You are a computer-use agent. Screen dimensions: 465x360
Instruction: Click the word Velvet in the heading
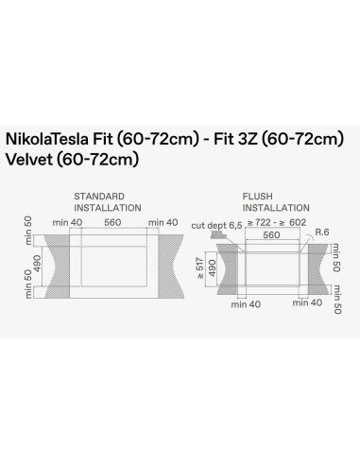click(28, 159)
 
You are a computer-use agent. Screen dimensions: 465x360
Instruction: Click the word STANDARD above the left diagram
click(98, 196)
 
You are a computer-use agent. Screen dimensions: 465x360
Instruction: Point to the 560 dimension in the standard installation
click(113, 222)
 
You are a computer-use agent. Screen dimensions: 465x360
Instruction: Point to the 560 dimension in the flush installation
click(272, 234)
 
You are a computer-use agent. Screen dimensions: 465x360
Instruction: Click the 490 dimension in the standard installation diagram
click(38, 260)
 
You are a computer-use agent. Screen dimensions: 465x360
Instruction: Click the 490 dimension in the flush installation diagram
click(212, 268)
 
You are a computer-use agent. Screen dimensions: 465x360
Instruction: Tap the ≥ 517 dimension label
click(199, 268)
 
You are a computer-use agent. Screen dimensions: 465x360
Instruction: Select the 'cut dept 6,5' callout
click(216, 225)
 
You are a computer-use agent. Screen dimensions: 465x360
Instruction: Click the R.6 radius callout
click(322, 231)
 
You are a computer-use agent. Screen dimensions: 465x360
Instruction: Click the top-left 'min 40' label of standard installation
click(69, 222)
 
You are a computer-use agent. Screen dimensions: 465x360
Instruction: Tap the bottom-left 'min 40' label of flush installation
click(238, 303)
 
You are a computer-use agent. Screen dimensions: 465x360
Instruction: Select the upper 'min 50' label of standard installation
click(27, 228)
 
